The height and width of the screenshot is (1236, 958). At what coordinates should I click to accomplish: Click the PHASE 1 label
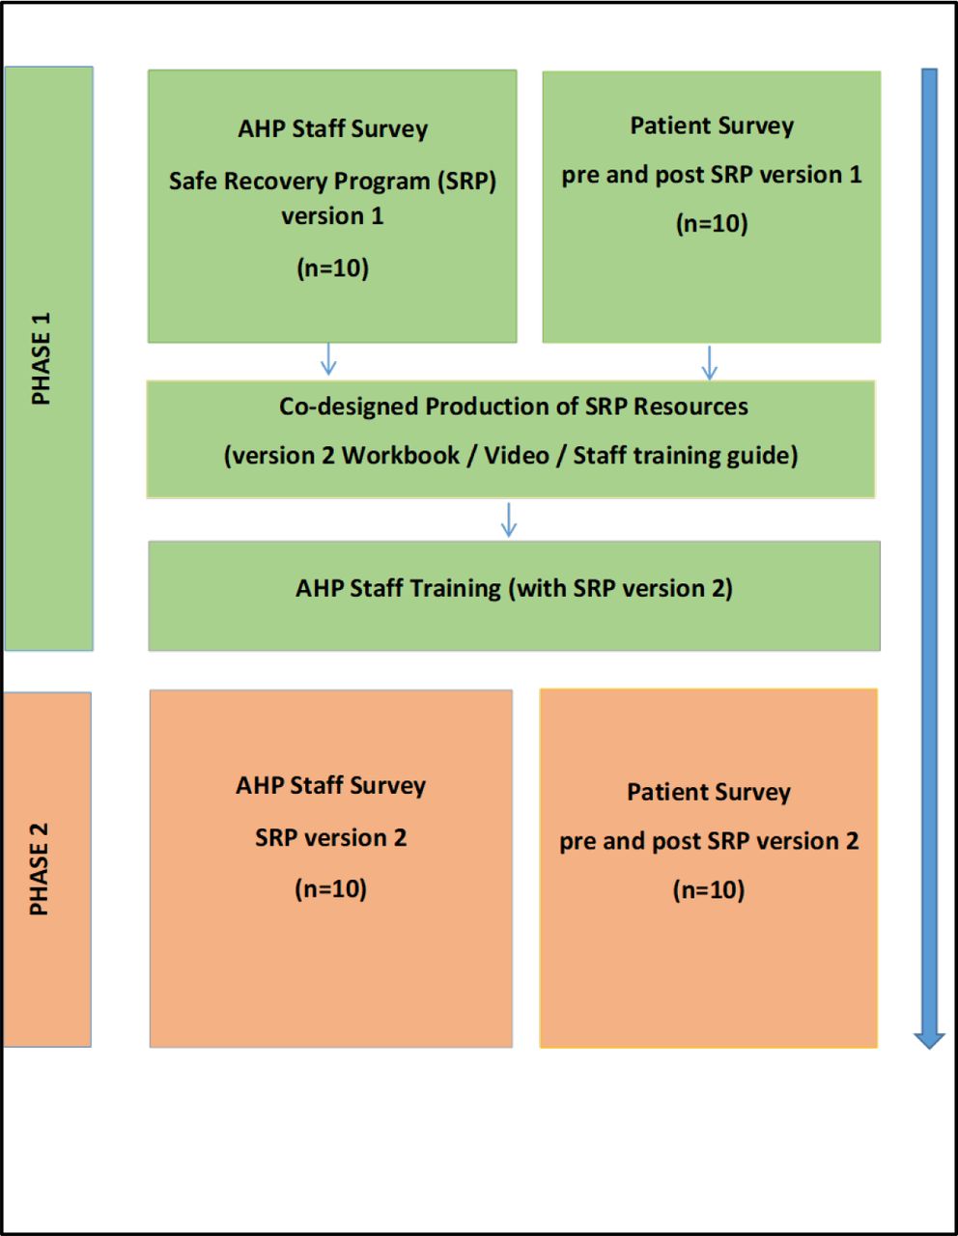[x=42, y=358]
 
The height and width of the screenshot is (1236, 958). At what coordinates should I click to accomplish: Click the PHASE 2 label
[x=40, y=869]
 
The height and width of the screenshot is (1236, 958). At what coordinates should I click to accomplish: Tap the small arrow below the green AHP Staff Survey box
[x=328, y=359]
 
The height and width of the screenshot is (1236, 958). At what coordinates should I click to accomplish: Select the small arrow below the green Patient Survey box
[x=709, y=363]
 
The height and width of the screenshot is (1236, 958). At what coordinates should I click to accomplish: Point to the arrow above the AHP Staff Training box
[x=509, y=520]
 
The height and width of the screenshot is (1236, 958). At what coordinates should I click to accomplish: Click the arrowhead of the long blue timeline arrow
[x=929, y=1040]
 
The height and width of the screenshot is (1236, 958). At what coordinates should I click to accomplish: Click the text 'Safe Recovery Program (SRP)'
[x=333, y=182]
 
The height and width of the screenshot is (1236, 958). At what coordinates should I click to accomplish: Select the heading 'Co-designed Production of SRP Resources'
[x=513, y=407]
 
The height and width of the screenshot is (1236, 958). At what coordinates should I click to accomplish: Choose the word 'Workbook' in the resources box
[x=401, y=456]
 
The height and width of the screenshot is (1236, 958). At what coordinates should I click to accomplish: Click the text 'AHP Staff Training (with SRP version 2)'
[x=514, y=589]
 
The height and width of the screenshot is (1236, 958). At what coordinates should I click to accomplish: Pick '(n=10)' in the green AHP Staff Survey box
[x=333, y=267]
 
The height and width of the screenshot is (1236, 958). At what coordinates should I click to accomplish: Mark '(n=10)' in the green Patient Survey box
[x=711, y=223]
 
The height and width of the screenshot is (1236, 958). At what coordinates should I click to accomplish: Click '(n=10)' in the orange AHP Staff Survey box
[x=330, y=888]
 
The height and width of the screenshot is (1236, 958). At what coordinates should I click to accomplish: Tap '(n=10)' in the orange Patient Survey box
[x=708, y=889]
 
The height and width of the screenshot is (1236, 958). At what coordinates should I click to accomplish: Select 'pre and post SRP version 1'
[x=711, y=175]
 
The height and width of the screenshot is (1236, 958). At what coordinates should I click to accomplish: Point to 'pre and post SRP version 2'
[x=709, y=841]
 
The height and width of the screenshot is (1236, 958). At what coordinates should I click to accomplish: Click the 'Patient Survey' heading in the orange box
[x=708, y=793]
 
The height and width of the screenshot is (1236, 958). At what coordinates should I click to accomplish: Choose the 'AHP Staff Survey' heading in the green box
[x=333, y=129]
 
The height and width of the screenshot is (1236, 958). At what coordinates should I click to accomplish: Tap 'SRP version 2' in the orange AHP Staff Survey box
[x=330, y=838]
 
